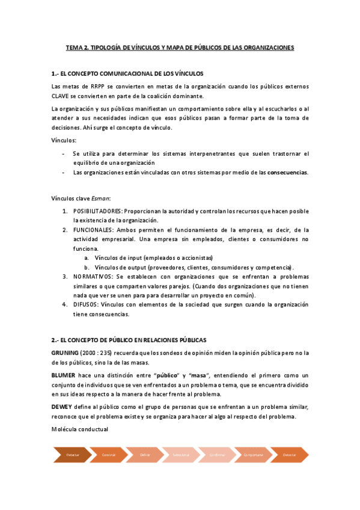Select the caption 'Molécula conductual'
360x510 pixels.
point(80,429)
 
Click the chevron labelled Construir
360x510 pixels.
point(109,455)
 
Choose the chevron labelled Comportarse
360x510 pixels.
point(253,455)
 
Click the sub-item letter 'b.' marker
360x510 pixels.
point(87,267)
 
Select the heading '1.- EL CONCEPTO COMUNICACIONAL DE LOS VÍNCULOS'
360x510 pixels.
point(128,73)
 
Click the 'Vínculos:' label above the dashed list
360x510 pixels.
point(64,140)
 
